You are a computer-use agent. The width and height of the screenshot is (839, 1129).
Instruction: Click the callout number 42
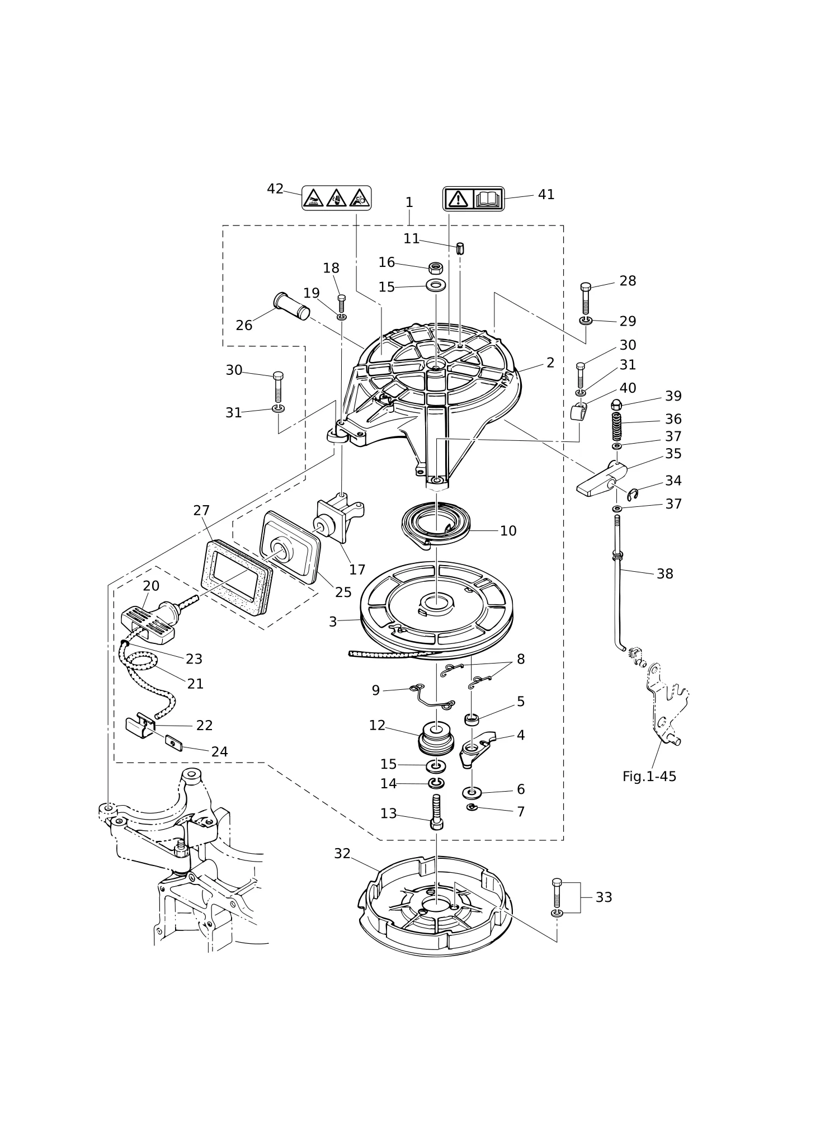coord(275,189)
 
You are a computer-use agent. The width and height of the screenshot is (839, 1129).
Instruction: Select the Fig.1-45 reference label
coord(649,777)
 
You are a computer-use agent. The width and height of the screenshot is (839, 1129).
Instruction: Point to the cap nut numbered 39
coord(616,405)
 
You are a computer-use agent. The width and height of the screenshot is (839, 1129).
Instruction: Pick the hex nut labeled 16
coord(436,267)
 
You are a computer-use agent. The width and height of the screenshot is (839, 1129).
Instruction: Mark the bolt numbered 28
coord(586,298)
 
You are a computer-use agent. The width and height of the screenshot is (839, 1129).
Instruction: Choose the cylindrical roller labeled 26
coord(291,306)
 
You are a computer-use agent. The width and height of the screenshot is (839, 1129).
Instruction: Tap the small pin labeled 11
coord(460,248)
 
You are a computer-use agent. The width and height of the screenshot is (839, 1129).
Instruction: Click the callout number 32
coord(342,854)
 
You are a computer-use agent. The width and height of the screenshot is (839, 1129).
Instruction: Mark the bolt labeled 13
coord(437,812)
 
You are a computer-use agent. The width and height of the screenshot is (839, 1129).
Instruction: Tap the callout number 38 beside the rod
coord(664,574)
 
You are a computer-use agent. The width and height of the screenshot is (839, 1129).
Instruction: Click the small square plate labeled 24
coord(174,744)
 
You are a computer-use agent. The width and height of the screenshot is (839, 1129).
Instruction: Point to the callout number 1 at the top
coord(409,202)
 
